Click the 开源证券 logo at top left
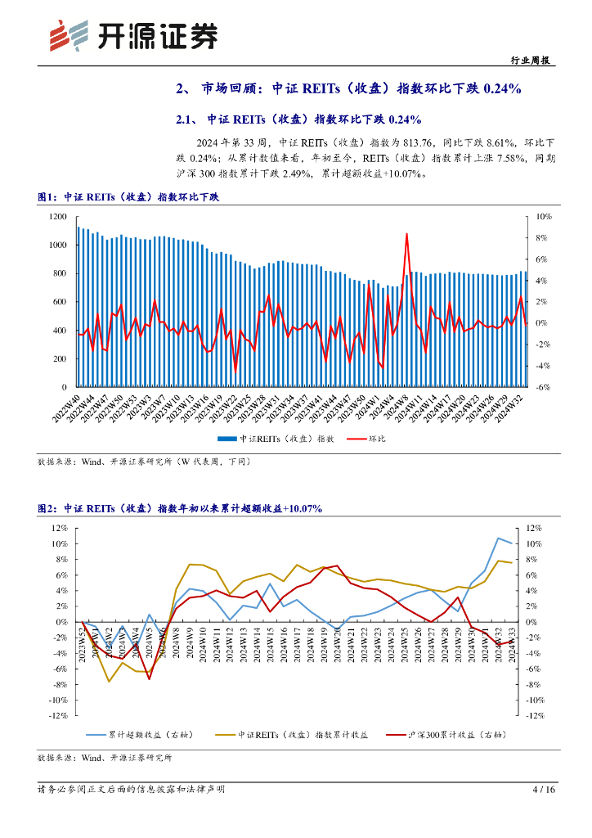[x=135, y=35]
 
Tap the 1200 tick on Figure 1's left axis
[x=57, y=216]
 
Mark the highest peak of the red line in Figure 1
[x=407, y=234]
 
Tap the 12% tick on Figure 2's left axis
[x=56, y=529]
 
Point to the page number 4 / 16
[x=543, y=790]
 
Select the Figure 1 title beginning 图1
[x=129, y=197]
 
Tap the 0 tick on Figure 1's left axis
[x=63, y=387]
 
